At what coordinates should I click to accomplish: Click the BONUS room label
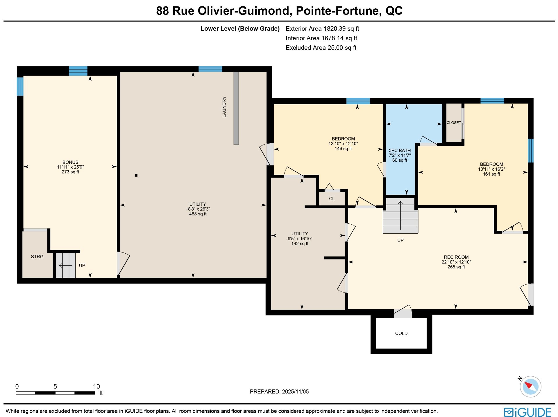pyautogui.click(x=70, y=162)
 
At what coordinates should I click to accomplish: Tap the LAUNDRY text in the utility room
pyautogui.click(x=224, y=107)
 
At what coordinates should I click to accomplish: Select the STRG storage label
pyautogui.click(x=37, y=257)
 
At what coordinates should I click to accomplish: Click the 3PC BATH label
pyautogui.click(x=400, y=150)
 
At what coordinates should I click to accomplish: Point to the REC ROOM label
pyautogui.click(x=456, y=257)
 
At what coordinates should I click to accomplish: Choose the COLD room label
pyautogui.click(x=401, y=333)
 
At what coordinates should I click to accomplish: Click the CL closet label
pyautogui.click(x=332, y=199)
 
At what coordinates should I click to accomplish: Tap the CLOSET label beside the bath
pyautogui.click(x=454, y=123)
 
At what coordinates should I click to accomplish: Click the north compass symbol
pyautogui.click(x=530, y=386)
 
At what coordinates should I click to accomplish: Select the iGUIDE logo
pyautogui.click(x=527, y=412)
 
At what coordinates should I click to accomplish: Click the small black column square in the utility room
pyautogui.click(x=136, y=175)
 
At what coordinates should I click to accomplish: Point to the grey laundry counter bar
pyautogui.click(x=236, y=108)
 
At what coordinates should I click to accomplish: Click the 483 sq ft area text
pyautogui.click(x=198, y=214)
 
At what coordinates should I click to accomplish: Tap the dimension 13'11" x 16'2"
pyautogui.click(x=491, y=169)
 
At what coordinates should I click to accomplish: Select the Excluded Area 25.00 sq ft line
pyautogui.click(x=321, y=48)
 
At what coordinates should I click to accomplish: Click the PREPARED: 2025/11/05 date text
pyautogui.click(x=279, y=391)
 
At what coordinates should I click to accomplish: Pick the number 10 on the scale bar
pyautogui.click(x=96, y=387)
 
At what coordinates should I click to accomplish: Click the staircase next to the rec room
pyautogui.click(x=400, y=216)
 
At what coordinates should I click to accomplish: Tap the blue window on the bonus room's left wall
pyautogui.click(x=20, y=86)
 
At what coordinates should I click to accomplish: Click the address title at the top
pyautogui.click(x=279, y=11)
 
